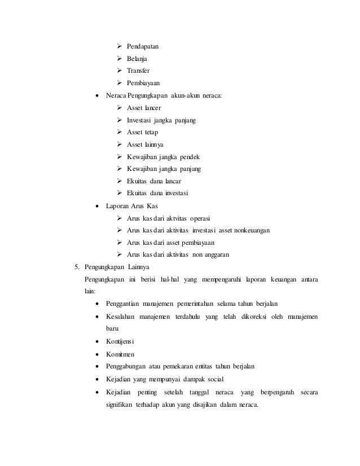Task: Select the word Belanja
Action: point(136,58)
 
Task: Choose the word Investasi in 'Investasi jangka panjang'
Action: point(140,120)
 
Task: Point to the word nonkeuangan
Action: point(250,230)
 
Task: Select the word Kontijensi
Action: point(118,342)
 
